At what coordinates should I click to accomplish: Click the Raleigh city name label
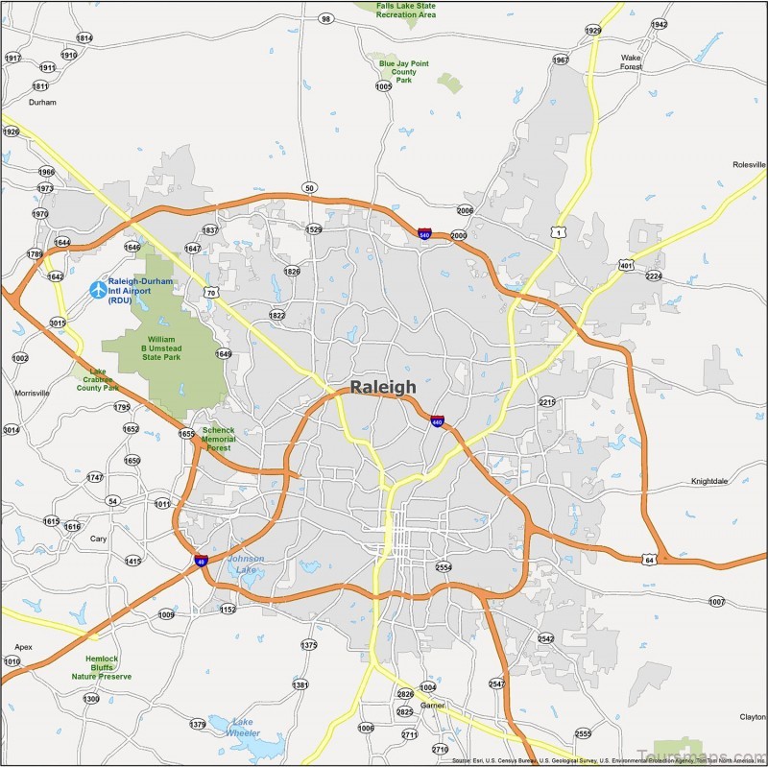pos(383,387)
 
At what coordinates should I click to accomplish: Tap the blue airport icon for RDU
pos(97,288)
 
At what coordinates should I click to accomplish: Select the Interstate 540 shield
pos(424,233)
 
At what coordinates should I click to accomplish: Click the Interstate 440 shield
pos(437,420)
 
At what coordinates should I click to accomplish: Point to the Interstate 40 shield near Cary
pos(201,560)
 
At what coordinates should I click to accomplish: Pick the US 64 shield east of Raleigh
pos(650,560)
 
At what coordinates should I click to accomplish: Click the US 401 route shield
pos(626,265)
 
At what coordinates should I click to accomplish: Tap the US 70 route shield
pos(210,291)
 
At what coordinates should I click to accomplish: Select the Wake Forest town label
pos(631,62)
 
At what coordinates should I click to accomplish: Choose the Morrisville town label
pos(32,394)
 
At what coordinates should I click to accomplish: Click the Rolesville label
pos(747,165)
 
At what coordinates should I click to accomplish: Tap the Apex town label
pos(23,647)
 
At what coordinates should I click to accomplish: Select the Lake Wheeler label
pos(242,727)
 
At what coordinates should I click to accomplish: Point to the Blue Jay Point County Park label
pos(404,72)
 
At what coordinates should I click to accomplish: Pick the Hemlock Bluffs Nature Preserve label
pos(101,667)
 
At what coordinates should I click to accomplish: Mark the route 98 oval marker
pos(326,18)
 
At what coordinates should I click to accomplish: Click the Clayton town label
pos(752,717)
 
